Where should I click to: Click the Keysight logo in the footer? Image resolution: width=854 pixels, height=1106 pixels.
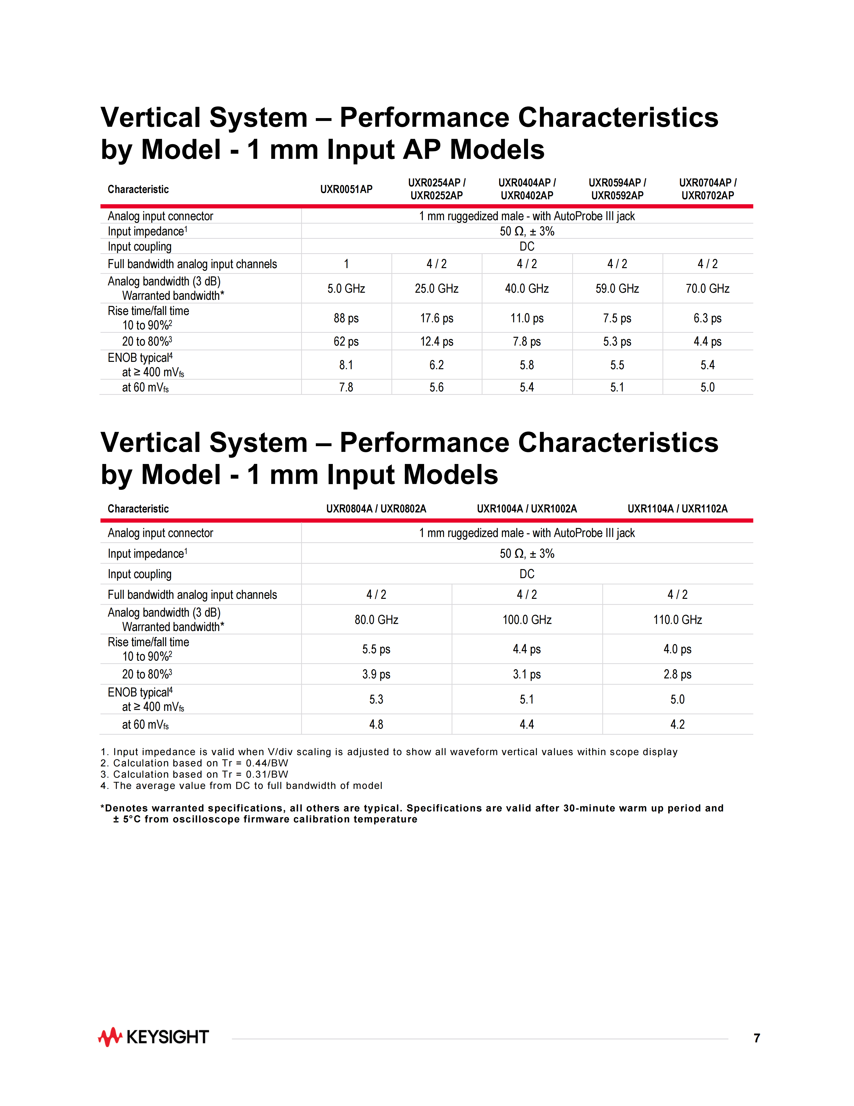(153, 1037)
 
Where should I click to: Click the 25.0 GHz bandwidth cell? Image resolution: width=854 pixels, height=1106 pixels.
(437, 289)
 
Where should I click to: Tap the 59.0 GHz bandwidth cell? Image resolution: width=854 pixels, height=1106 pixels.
(617, 289)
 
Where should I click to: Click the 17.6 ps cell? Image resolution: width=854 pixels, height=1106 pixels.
(437, 318)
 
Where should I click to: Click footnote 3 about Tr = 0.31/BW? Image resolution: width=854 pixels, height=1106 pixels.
(195, 774)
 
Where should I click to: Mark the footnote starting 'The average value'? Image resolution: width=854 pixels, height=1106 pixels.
(242, 786)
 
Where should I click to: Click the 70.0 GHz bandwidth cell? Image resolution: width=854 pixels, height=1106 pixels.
(707, 289)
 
